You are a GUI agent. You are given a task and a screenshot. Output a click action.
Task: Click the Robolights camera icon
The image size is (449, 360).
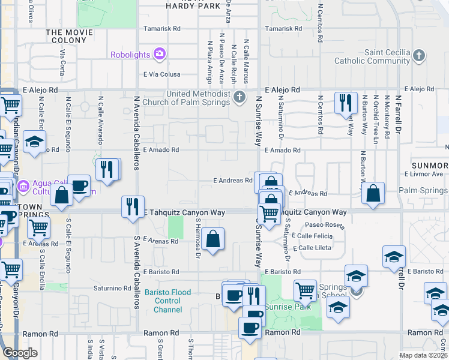(x=160, y=55)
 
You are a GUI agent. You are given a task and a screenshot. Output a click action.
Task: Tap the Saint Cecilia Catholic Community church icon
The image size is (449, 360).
(x=419, y=56)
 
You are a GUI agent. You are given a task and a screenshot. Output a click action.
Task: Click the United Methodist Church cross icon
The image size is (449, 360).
(x=240, y=97)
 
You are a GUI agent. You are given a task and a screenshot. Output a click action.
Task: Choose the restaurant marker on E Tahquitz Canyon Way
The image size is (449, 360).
(x=133, y=206)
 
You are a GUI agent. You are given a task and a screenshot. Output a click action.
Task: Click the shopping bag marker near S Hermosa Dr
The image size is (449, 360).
(x=213, y=240)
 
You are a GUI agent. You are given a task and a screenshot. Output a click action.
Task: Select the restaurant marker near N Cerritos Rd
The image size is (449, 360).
(x=346, y=103)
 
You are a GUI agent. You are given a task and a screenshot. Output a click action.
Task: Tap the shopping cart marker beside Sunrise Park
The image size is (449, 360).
(x=305, y=291)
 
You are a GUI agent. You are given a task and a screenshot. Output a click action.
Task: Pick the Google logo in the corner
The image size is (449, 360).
(x=20, y=353)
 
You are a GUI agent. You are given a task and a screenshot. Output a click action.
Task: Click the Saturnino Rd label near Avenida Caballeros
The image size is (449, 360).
(x=112, y=288)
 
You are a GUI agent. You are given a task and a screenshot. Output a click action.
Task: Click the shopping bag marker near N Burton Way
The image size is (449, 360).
(x=373, y=194)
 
